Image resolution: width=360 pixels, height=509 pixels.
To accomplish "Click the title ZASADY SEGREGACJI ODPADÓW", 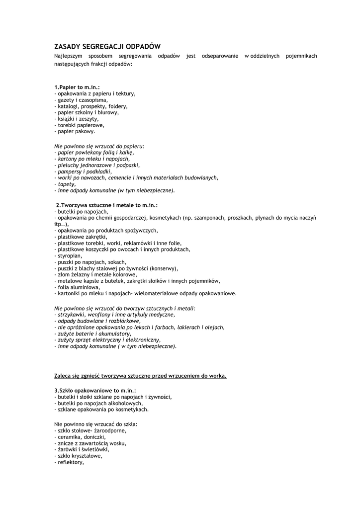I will pyautogui.click(x=107, y=46).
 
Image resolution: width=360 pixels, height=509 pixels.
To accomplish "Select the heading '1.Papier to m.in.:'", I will pyautogui.click(x=77, y=87).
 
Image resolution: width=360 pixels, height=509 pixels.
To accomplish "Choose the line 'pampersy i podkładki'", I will pyautogui.click(x=83, y=171).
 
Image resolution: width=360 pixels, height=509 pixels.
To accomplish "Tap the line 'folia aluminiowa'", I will pyautogui.click(x=77, y=287).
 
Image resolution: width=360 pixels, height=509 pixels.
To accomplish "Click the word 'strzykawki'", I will pyautogui.click(x=72, y=315).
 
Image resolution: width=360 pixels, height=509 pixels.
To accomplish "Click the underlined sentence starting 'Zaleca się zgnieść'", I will pyautogui.click(x=140, y=376).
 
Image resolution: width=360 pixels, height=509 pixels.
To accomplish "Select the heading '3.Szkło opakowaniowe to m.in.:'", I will pyautogui.click(x=95, y=391).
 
